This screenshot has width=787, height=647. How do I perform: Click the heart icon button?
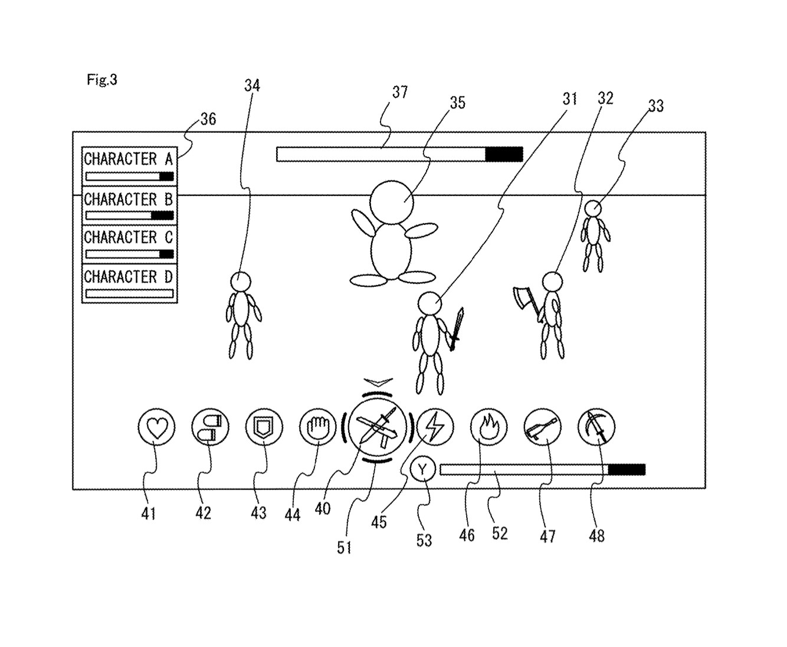pyautogui.click(x=156, y=427)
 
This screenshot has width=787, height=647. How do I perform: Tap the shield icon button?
pyautogui.click(x=264, y=427)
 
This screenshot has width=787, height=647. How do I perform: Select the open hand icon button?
pyautogui.click(x=318, y=427)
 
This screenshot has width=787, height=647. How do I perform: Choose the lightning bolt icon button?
pyautogui.click(x=435, y=427)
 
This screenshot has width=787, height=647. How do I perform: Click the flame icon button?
pyautogui.click(x=488, y=427)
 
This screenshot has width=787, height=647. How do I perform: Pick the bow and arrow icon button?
pyautogui.click(x=596, y=427)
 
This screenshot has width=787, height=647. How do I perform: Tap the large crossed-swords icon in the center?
pyautogui.click(x=378, y=427)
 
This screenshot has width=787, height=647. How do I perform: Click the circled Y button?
pyautogui.click(x=422, y=469)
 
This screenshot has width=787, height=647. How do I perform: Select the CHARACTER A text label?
pyautogui.click(x=128, y=159)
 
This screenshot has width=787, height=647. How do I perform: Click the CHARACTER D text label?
pyautogui.click(x=128, y=276)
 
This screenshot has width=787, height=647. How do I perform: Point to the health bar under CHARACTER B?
pyautogui.click(x=129, y=215)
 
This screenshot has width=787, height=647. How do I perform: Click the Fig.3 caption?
pyautogui.click(x=102, y=80)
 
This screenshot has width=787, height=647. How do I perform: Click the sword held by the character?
pyautogui.click(x=457, y=328)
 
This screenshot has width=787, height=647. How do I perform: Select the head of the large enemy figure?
pyautogui.click(x=391, y=201)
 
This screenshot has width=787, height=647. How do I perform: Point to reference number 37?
pyautogui.click(x=400, y=92)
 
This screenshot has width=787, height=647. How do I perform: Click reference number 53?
pyautogui.click(x=424, y=540)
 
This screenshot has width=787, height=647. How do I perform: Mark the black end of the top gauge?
pyautogui.click(x=504, y=154)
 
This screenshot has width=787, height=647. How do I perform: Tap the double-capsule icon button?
pyautogui.click(x=211, y=427)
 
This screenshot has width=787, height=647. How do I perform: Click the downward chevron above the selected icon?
pyautogui.click(x=378, y=383)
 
